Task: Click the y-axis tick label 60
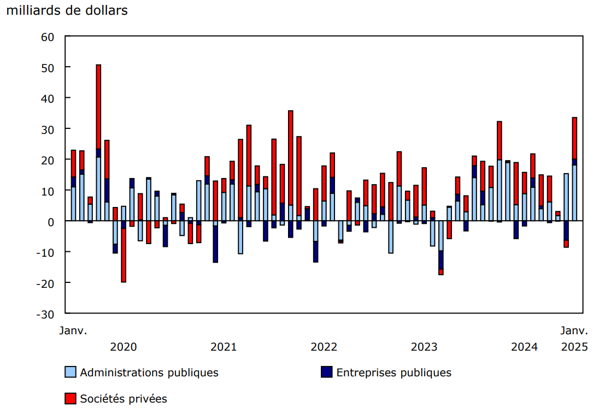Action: [48, 37]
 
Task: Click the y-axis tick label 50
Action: [48, 67]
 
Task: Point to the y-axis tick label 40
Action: [48, 98]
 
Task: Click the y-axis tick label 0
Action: [51, 221]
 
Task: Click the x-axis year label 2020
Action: [124, 347]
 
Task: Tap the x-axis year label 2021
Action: [224, 347]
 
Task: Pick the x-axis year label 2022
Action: [324, 347]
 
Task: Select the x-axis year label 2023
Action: [424, 347]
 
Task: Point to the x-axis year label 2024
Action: [524, 347]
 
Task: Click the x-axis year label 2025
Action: [574, 347]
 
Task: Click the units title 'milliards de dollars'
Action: [67, 10]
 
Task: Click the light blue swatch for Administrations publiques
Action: [70, 372]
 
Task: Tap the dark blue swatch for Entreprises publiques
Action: [326, 372]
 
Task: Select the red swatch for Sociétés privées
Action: [70, 399]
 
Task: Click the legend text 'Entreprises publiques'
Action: [394, 372]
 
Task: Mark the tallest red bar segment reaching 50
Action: [98, 107]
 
